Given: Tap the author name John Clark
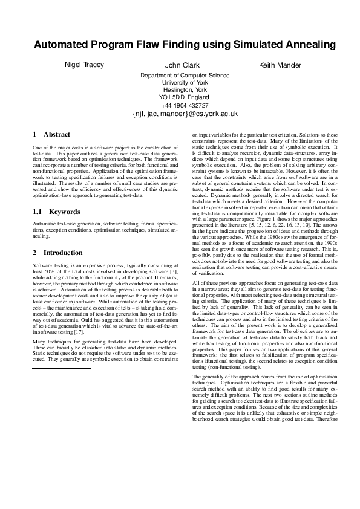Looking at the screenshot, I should [x=181, y=65].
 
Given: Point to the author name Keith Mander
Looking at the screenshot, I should [x=280, y=65].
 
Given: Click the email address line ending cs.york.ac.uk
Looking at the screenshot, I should [x=185, y=113].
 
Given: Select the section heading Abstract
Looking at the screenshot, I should [x=57, y=134].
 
